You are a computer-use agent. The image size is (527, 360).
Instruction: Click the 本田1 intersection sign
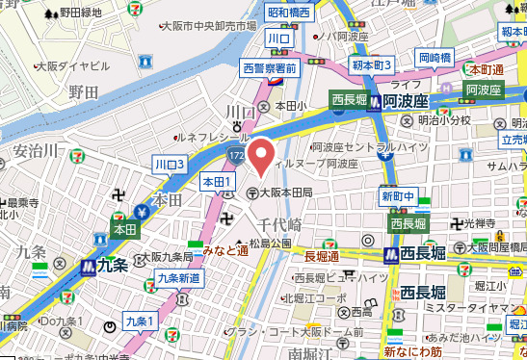[x=216, y=182]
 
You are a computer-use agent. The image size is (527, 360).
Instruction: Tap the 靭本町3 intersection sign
[x=371, y=65]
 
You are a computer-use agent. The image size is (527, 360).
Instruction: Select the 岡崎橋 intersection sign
[x=435, y=58]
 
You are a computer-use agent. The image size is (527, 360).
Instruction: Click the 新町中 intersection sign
[x=397, y=196]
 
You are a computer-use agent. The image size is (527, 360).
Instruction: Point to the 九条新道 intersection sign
[x=178, y=279]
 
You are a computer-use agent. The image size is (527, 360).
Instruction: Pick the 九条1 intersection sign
[x=140, y=320]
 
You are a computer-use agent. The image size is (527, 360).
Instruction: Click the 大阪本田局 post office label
[x=287, y=193]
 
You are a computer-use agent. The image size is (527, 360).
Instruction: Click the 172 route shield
[x=237, y=154]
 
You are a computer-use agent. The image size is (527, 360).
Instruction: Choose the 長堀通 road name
[x=321, y=257]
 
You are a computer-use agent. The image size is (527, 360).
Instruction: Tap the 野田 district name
[x=84, y=91]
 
